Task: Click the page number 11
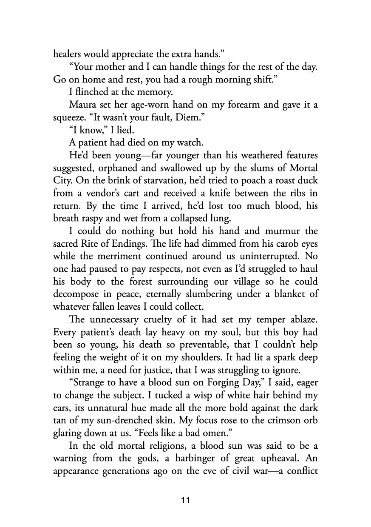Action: (185, 500)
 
